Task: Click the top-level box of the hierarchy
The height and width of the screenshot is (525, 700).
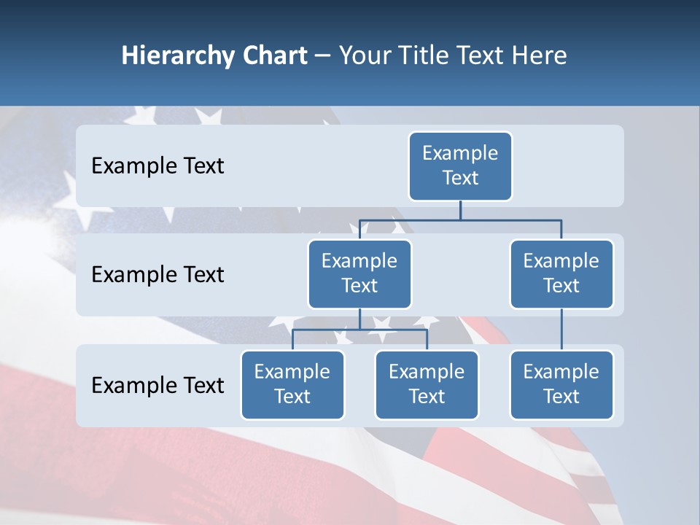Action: tap(460, 166)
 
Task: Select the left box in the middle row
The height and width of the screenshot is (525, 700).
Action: tap(359, 274)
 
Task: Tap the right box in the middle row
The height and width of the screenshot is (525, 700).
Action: tap(561, 274)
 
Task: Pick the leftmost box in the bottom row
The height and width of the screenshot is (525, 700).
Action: tap(292, 385)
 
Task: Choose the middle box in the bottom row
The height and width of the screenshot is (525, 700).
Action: tap(427, 385)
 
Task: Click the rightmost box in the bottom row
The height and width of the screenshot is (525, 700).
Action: tap(561, 385)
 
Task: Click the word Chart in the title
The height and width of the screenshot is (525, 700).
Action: tap(271, 55)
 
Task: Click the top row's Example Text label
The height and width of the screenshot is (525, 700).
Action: tap(157, 166)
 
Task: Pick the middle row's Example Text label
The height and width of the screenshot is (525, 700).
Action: tap(157, 275)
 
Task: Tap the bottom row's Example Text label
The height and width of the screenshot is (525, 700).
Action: tap(157, 386)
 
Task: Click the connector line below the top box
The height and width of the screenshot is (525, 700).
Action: tap(460, 210)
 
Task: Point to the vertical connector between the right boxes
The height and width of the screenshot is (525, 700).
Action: tap(561, 330)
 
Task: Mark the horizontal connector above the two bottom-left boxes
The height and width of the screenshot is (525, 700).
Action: tap(359, 330)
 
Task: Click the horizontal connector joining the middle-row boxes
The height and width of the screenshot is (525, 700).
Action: tap(460, 219)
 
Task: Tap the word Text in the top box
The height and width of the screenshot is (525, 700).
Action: tap(460, 178)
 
